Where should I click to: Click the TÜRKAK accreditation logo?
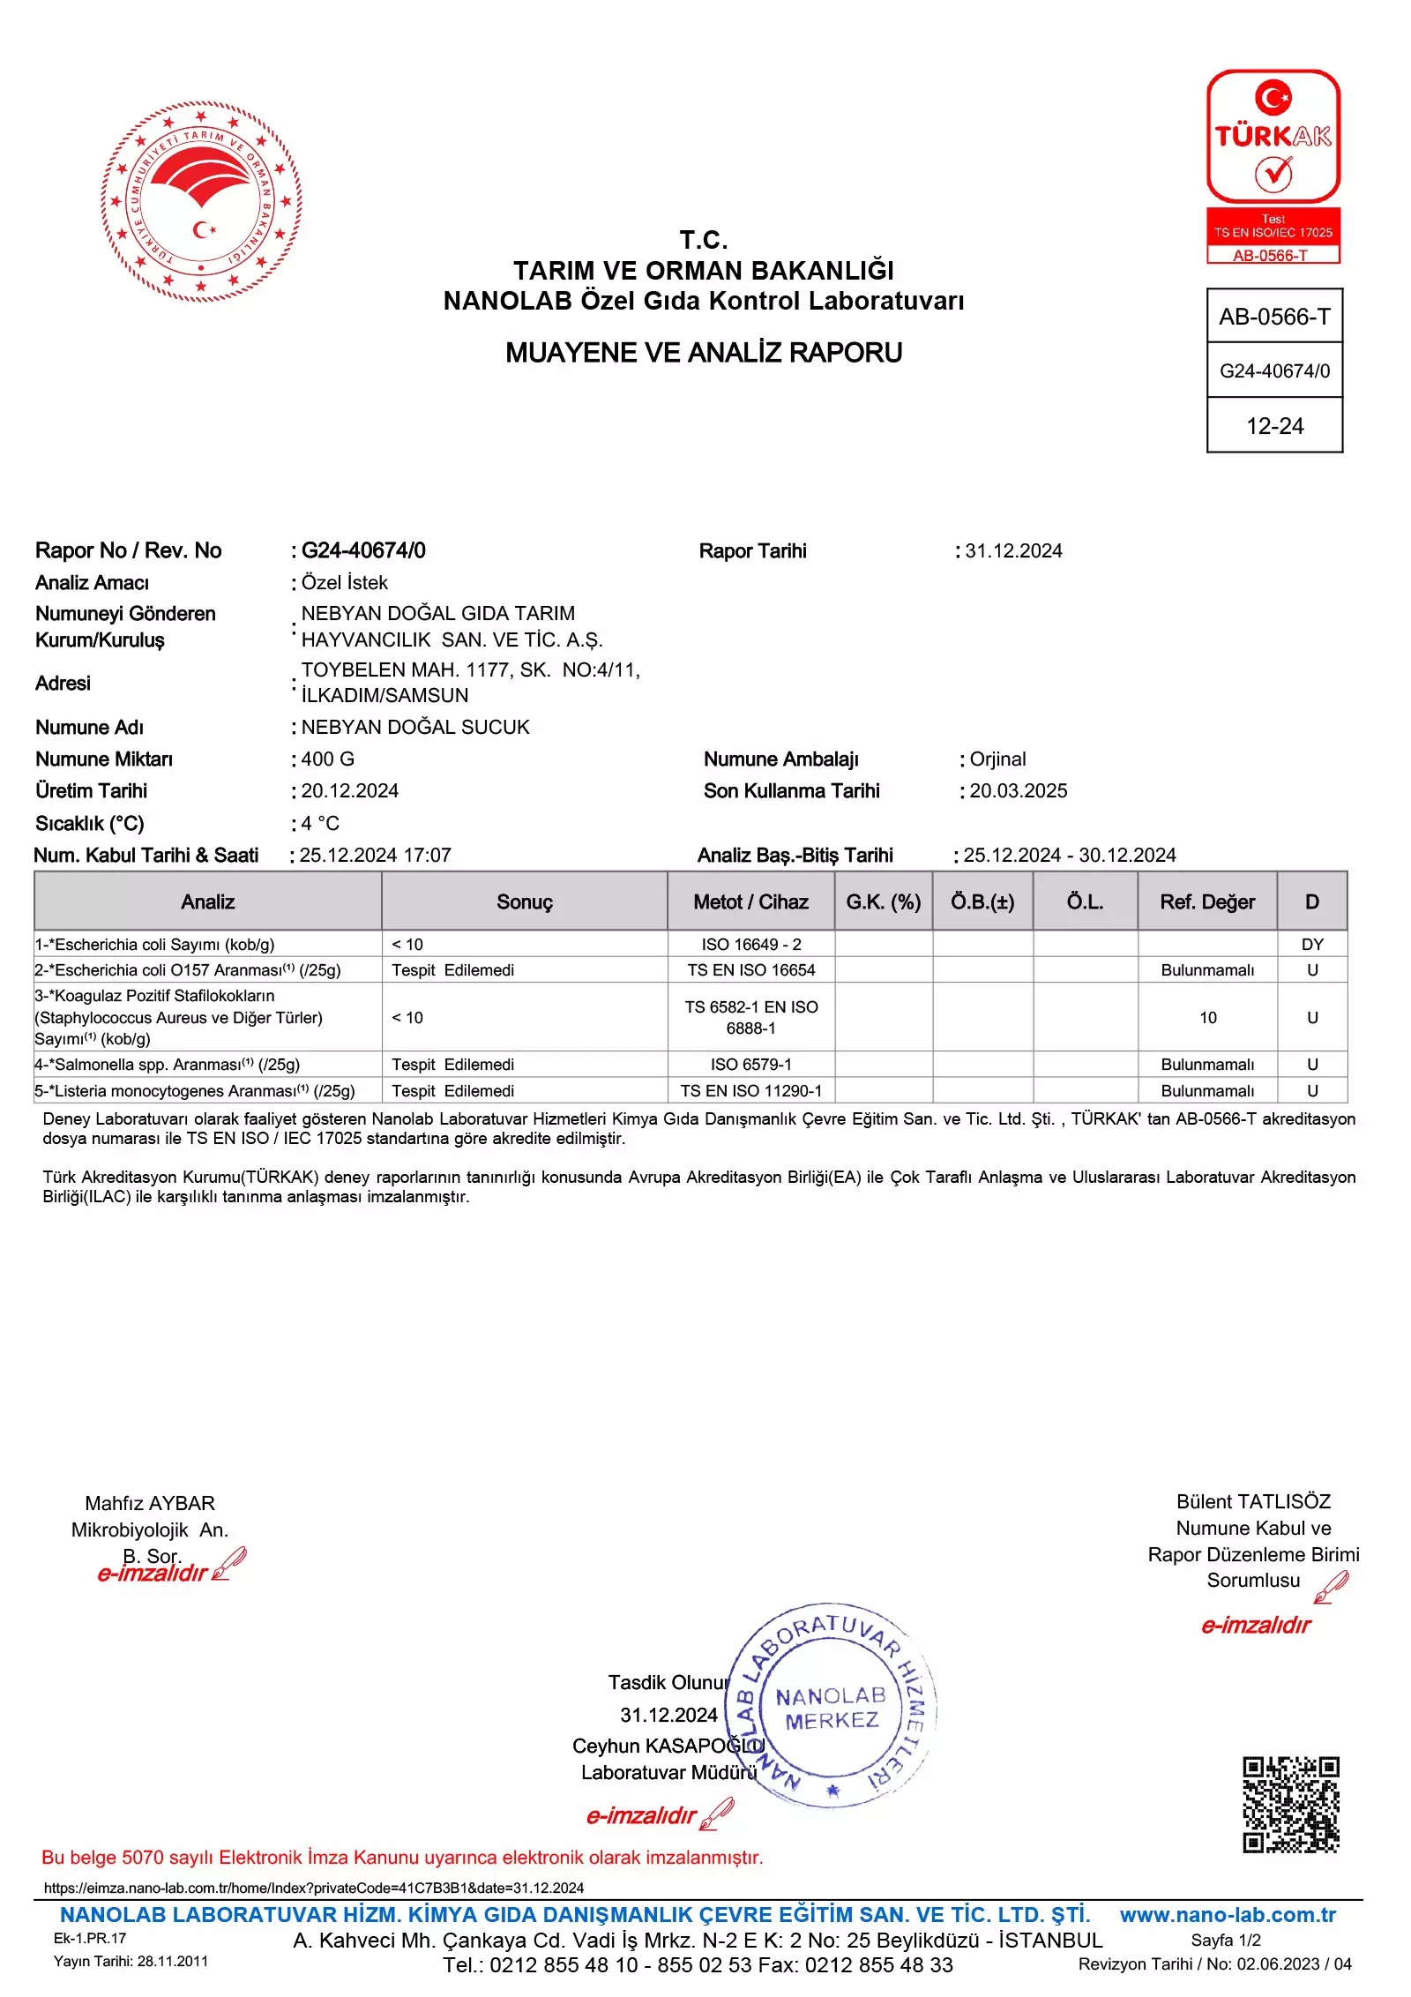point(1273,166)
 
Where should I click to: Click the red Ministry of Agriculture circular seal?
point(201,201)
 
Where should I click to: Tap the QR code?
point(1290,1805)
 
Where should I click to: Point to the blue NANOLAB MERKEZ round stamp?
point(830,1707)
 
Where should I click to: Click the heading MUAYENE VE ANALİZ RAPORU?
point(704,353)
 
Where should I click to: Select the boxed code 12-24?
point(1274,426)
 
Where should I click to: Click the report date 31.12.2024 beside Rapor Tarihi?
point(1013,551)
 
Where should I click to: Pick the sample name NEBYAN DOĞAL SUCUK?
point(415,728)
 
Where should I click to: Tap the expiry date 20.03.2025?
point(1018,791)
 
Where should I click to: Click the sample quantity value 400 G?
point(328,759)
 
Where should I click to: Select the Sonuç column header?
point(524,901)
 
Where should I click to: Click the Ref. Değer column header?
point(1206,901)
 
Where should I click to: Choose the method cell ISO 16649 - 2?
point(751,945)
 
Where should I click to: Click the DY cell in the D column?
point(1311,945)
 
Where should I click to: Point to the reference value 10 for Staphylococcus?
point(1207,1018)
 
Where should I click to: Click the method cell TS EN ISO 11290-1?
point(751,1091)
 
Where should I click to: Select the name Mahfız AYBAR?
point(150,1503)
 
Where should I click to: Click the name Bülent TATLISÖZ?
point(1253,1501)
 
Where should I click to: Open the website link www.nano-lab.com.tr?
point(1228,1915)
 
